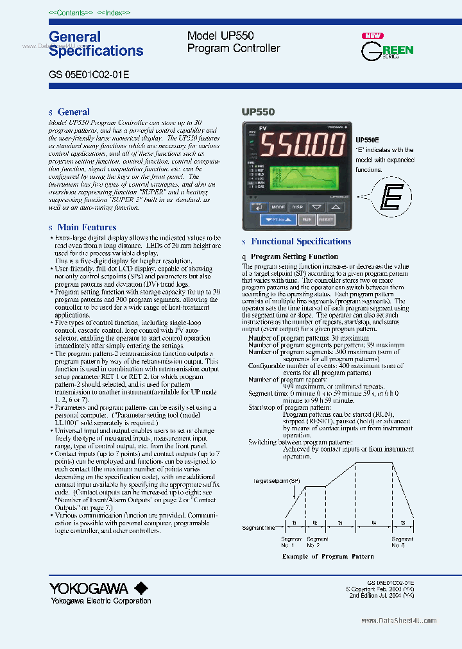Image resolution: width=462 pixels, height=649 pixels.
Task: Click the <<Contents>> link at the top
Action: (x=71, y=13)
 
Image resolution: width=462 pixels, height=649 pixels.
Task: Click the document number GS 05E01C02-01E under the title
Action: (x=89, y=74)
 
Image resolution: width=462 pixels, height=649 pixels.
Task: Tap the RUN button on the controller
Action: (x=307, y=219)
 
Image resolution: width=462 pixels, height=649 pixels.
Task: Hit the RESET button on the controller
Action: (x=326, y=219)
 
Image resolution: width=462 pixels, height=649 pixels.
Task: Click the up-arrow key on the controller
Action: (x=336, y=207)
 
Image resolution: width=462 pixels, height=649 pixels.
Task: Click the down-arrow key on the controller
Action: (x=316, y=207)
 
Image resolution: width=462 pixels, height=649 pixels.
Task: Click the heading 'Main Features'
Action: (x=87, y=227)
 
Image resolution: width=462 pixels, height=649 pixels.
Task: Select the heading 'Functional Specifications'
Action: (x=301, y=242)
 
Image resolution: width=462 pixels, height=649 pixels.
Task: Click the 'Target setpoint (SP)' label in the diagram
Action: (x=276, y=480)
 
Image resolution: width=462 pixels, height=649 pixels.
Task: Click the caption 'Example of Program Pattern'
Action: (x=328, y=557)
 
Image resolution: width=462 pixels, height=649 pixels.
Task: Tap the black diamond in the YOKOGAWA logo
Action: (x=141, y=588)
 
